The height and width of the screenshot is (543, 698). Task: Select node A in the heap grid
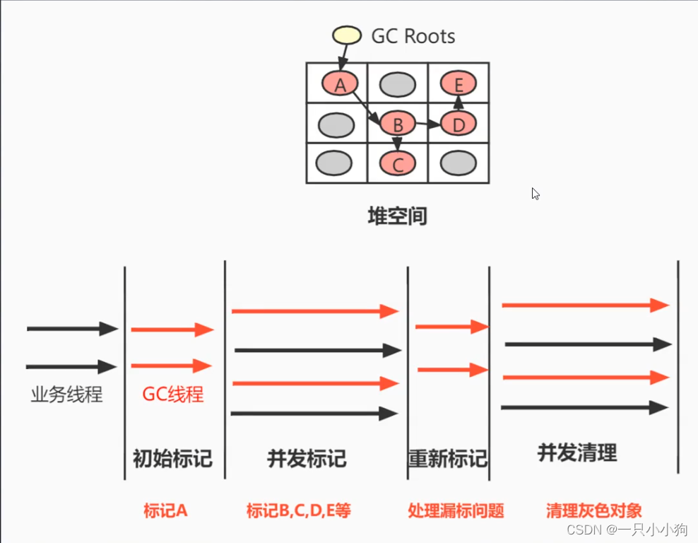[x=341, y=85]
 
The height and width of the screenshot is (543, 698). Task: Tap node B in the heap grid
[x=397, y=125]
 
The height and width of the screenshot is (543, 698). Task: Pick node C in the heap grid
[x=397, y=165]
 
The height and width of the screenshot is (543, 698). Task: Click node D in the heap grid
[x=459, y=125]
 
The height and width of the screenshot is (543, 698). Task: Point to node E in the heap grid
[x=459, y=85]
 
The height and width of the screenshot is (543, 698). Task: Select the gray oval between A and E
[x=397, y=85]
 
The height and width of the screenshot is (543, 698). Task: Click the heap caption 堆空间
[x=397, y=216]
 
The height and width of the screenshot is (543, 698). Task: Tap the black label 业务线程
[x=66, y=394]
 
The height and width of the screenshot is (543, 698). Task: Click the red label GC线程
[x=173, y=394]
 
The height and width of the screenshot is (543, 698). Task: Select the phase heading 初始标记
[x=172, y=458]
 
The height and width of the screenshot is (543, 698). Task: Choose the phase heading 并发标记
[x=307, y=458]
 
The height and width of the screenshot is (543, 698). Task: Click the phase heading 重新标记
[x=448, y=458]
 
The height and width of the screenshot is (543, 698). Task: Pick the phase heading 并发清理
[x=577, y=452]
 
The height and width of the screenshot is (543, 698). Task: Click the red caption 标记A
[x=165, y=510]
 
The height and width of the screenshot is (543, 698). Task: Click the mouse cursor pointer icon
[x=536, y=193]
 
